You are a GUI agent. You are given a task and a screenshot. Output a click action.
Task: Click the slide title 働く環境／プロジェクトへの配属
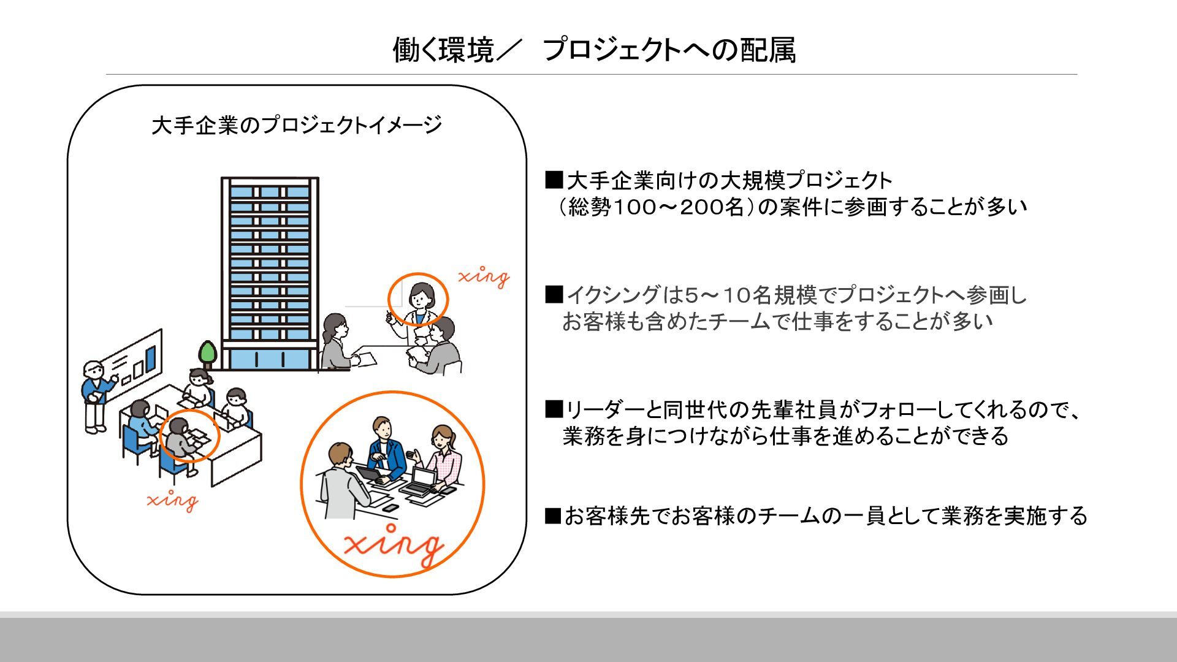pyautogui.click(x=593, y=50)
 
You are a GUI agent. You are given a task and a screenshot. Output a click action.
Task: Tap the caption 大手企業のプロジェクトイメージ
pyautogui.click(x=297, y=125)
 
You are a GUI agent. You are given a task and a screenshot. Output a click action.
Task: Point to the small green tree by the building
pyautogui.click(x=208, y=354)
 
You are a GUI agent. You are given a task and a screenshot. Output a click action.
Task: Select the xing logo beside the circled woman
pyautogui.click(x=484, y=277)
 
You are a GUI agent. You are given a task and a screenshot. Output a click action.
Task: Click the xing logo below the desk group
pyautogui.click(x=173, y=500)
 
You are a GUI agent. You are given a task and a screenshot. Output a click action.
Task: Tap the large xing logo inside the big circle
pyautogui.click(x=393, y=543)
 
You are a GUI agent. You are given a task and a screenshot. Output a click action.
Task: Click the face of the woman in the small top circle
pyautogui.click(x=421, y=297)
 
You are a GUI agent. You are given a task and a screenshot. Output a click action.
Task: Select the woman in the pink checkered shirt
pyautogui.click(x=444, y=457)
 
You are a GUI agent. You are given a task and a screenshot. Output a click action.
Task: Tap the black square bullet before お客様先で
pyautogui.click(x=554, y=516)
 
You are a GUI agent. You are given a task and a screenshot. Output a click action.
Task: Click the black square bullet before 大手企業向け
pyautogui.click(x=554, y=180)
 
